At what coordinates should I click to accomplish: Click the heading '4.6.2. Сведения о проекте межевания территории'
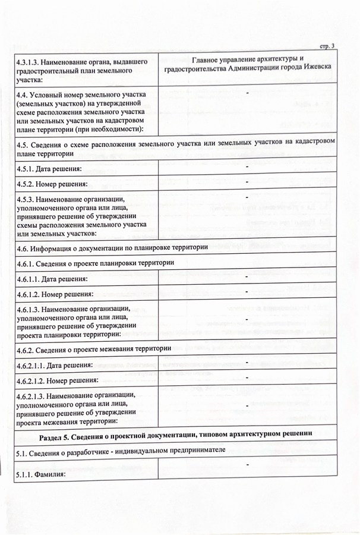click(x=102, y=348)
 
